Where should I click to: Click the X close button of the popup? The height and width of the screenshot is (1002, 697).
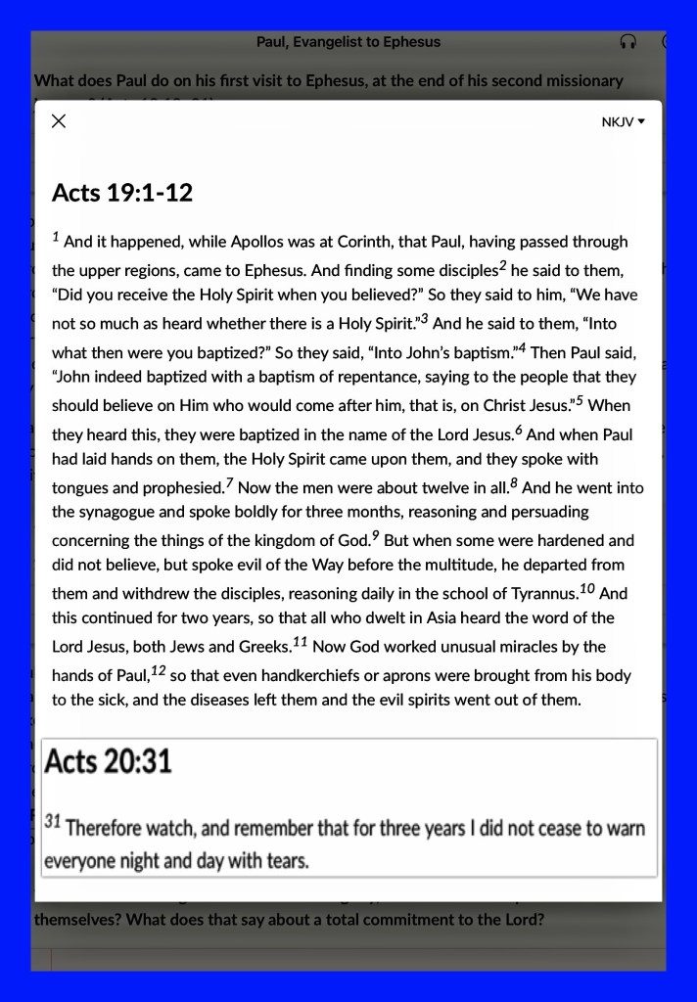pyautogui.click(x=59, y=121)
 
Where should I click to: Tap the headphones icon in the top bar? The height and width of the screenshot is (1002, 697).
pyautogui.click(x=629, y=42)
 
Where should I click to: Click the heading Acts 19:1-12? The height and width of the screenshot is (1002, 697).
pyautogui.click(x=122, y=192)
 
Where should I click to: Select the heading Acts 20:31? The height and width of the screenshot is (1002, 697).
pyautogui.click(x=108, y=759)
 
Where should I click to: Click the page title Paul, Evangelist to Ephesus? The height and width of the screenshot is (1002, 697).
pyautogui.click(x=348, y=42)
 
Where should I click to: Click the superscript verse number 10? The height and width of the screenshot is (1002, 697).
pyautogui.click(x=587, y=588)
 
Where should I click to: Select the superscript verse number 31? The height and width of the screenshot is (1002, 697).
pyautogui.click(x=53, y=823)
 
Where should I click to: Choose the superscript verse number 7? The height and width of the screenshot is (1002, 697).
pyautogui.click(x=229, y=482)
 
